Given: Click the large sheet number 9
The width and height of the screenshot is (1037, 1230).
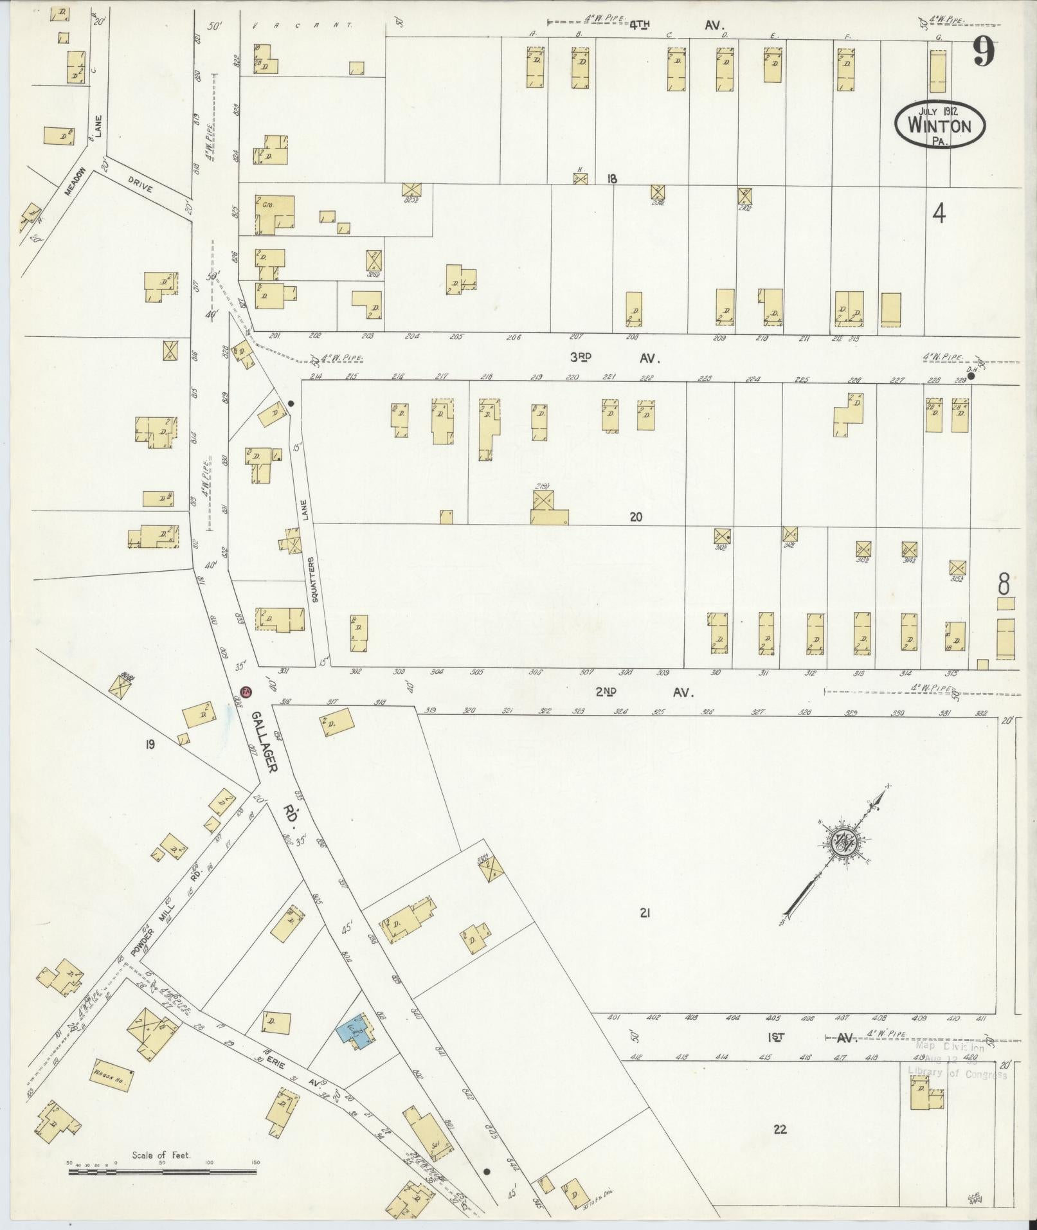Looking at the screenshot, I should point(983,51).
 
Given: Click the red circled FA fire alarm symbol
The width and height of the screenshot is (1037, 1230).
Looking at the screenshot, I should point(245,692).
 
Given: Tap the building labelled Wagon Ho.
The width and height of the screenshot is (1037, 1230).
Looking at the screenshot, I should point(112,1074).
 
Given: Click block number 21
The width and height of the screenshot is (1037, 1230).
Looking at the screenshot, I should point(645,912).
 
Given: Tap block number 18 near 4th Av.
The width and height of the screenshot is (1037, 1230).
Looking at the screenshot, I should point(611,179).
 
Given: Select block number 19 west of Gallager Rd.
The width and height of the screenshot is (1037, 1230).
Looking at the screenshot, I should point(150,745).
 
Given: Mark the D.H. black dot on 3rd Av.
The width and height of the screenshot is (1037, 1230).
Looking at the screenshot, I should point(971,377).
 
